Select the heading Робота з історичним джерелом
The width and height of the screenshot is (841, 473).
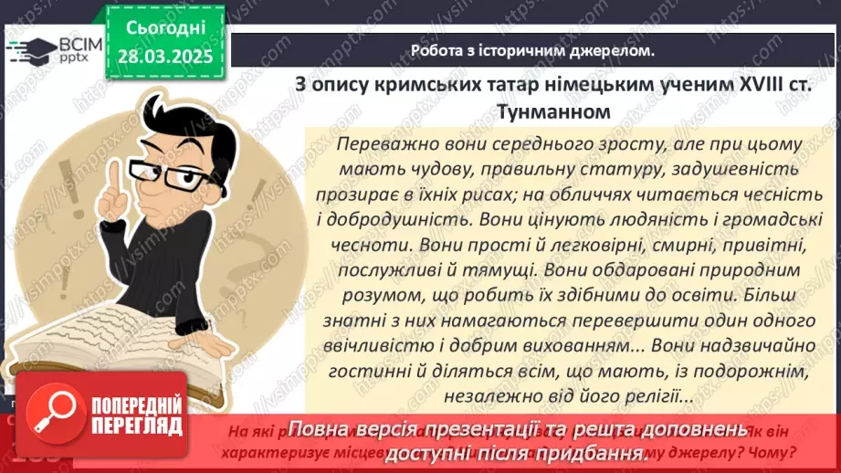pos(532,51)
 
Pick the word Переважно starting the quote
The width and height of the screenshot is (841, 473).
pos(383,144)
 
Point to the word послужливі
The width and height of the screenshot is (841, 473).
pos(389,271)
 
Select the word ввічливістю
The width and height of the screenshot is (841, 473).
pos(377,347)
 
